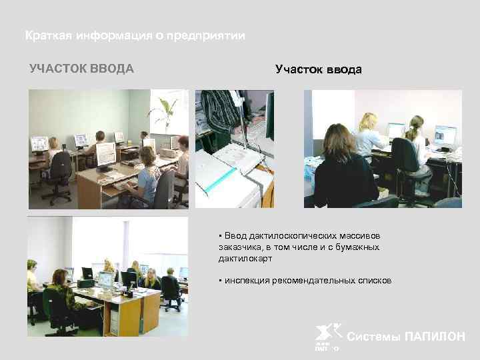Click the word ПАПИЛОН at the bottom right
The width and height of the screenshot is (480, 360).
point(435,337)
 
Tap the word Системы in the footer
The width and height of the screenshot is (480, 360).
point(375,337)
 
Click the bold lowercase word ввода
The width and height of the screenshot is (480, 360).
point(344,69)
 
